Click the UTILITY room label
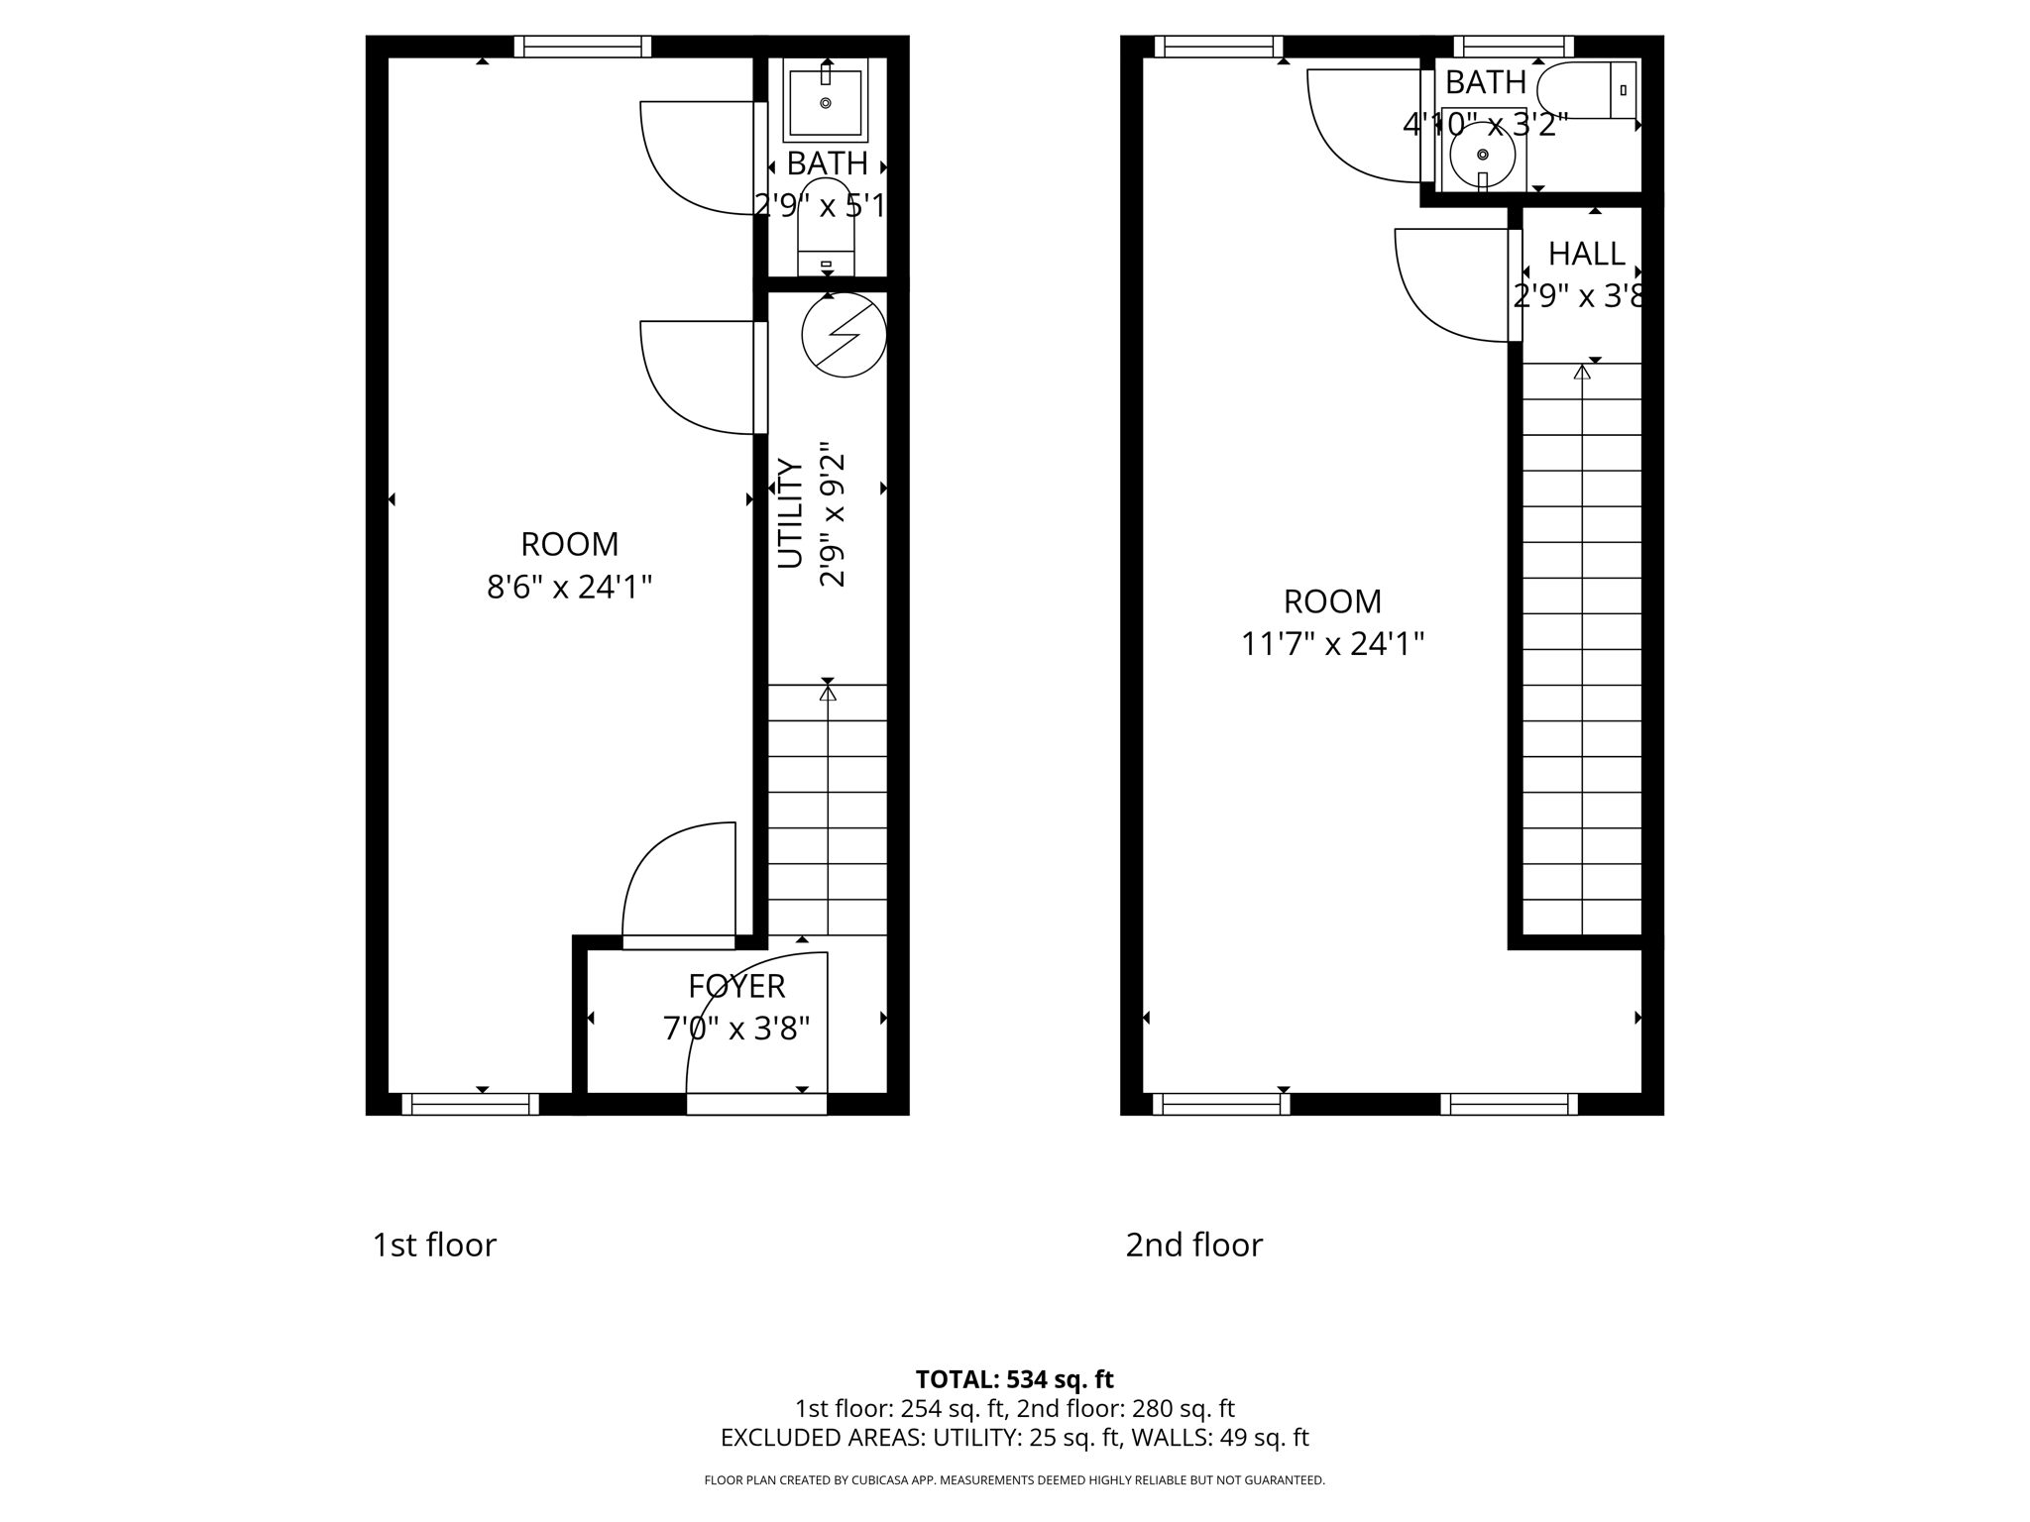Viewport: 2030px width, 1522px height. [x=790, y=513]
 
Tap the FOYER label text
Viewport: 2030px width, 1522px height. [x=736, y=987]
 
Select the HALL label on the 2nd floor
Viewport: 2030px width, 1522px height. [x=1586, y=255]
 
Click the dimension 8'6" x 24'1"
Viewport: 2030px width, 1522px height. [x=569, y=588]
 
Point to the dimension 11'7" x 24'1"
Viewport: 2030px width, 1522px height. [x=1332, y=645]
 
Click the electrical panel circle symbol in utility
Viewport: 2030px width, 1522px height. [x=844, y=335]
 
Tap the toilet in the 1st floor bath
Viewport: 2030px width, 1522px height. [x=826, y=228]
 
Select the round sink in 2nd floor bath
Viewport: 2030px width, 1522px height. [x=1483, y=156]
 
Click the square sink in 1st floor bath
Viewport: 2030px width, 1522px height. [x=826, y=99]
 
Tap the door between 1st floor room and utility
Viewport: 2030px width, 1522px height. [x=699, y=379]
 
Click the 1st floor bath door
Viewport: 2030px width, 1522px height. [x=699, y=159]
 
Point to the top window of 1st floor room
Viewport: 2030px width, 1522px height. [x=583, y=47]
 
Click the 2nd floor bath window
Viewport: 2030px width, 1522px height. [x=1514, y=47]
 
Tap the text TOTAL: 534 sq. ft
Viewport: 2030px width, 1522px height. [x=1014, y=1379]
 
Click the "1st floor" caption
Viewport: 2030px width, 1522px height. [x=434, y=1246]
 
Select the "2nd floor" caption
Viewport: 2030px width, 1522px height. [x=1193, y=1246]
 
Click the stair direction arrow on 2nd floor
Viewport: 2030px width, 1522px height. [x=1582, y=373]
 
